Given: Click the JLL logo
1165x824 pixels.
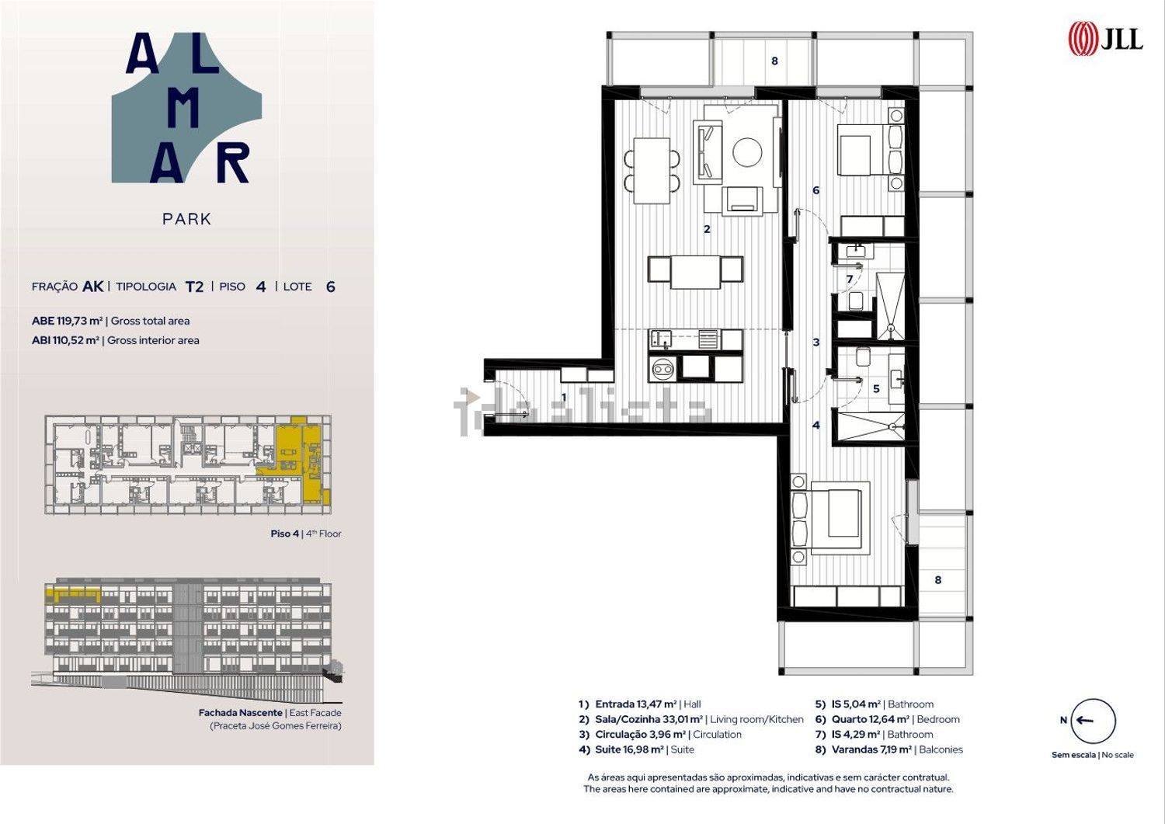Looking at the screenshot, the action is pyautogui.click(x=1105, y=39).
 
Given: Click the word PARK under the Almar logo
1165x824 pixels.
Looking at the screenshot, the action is pyautogui.click(x=186, y=219).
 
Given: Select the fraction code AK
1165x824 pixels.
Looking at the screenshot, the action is pyautogui.click(x=93, y=287).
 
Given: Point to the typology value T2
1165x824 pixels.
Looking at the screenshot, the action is pyautogui.click(x=194, y=287).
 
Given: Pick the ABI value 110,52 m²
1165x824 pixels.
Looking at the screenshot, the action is pyautogui.click(x=75, y=340).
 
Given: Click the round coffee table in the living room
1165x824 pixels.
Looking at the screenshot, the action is pyautogui.click(x=747, y=152).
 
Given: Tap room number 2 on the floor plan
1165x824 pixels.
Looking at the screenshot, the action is pyautogui.click(x=706, y=229).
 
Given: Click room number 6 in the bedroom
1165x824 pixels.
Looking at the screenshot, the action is pyautogui.click(x=815, y=190).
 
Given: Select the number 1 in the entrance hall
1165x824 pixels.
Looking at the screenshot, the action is pyautogui.click(x=564, y=398).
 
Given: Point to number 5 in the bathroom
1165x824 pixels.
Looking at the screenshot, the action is pyautogui.click(x=876, y=388).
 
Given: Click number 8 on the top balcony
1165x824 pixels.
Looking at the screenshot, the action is pyautogui.click(x=774, y=61).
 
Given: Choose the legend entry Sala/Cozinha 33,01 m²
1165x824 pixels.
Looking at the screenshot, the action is pyautogui.click(x=649, y=719).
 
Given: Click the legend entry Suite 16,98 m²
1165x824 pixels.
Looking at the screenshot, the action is pyautogui.click(x=629, y=749).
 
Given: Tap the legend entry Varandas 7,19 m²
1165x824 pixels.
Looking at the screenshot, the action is pyautogui.click(x=871, y=749).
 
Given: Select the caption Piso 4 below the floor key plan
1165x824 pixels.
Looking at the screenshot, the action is pyautogui.click(x=284, y=534).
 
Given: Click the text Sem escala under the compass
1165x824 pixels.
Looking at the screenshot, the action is pyautogui.click(x=1073, y=755).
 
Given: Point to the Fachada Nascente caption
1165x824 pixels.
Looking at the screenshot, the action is pyautogui.click(x=240, y=713).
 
